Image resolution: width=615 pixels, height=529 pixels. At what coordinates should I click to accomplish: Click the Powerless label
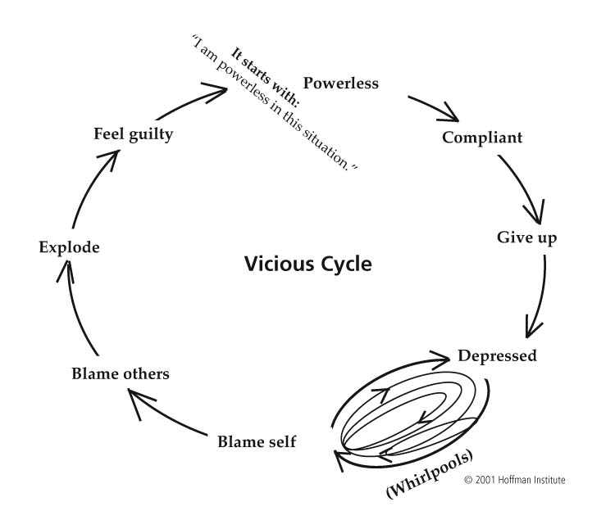(x=341, y=83)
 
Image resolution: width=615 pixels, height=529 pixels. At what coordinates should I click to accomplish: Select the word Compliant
(x=482, y=138)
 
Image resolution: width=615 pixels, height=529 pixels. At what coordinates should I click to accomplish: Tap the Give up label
(x=526, y=237)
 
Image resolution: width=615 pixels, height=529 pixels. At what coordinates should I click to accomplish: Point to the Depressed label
(x=498, y=356)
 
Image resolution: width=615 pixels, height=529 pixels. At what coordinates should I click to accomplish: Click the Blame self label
(x=257, y=441)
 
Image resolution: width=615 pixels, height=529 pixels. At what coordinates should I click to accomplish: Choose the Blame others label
(x=121, y=373)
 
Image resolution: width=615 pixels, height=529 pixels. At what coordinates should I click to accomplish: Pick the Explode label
(x=70, y=247)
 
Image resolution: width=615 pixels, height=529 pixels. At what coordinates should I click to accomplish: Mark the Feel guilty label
(x=134, y=134)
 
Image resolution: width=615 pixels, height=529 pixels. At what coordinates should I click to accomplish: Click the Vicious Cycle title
(x=307, y=264)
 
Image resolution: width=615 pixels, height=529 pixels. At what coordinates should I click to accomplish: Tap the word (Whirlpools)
(x=430, y=474)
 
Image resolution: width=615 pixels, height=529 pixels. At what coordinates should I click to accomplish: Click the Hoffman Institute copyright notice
(x=515, y=480)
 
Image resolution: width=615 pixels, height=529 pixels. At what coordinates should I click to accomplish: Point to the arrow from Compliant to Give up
(x=525, y=186)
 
